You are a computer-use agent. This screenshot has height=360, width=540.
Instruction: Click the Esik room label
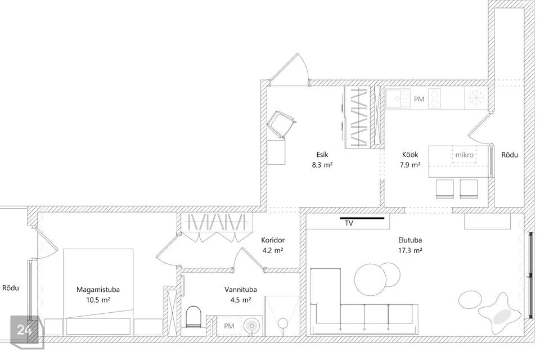[322, 155]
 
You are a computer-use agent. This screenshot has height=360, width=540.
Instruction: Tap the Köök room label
[410, 155]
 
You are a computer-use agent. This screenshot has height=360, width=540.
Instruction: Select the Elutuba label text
[410, 240]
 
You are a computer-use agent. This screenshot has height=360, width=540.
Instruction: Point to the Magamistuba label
[98, 289]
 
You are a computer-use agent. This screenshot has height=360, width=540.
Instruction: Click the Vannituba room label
[241, 289]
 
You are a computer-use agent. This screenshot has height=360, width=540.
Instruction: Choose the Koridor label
[273, 240]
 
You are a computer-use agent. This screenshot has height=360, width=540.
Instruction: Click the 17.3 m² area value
[410, 250]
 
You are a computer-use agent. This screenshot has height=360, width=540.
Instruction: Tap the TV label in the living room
[349, 223]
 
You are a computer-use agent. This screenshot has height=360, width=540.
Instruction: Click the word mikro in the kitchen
[464, 155]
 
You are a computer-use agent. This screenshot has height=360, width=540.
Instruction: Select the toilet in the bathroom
[193, 317]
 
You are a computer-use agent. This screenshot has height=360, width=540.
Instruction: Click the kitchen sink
[398, 99]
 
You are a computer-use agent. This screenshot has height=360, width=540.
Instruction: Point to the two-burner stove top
[435, 98]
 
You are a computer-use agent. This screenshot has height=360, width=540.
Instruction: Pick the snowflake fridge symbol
[476, 98]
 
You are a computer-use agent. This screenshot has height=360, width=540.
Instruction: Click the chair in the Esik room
[281, 125]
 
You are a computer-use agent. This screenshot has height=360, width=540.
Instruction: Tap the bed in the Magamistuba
[98, 291]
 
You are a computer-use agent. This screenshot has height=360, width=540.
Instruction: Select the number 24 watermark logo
[24, 330]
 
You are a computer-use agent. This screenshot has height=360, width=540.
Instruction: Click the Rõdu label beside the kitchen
[510, 155]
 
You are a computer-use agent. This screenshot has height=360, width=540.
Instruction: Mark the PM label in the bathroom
[229, 326]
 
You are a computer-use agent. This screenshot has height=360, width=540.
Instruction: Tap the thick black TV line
[362, 218]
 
